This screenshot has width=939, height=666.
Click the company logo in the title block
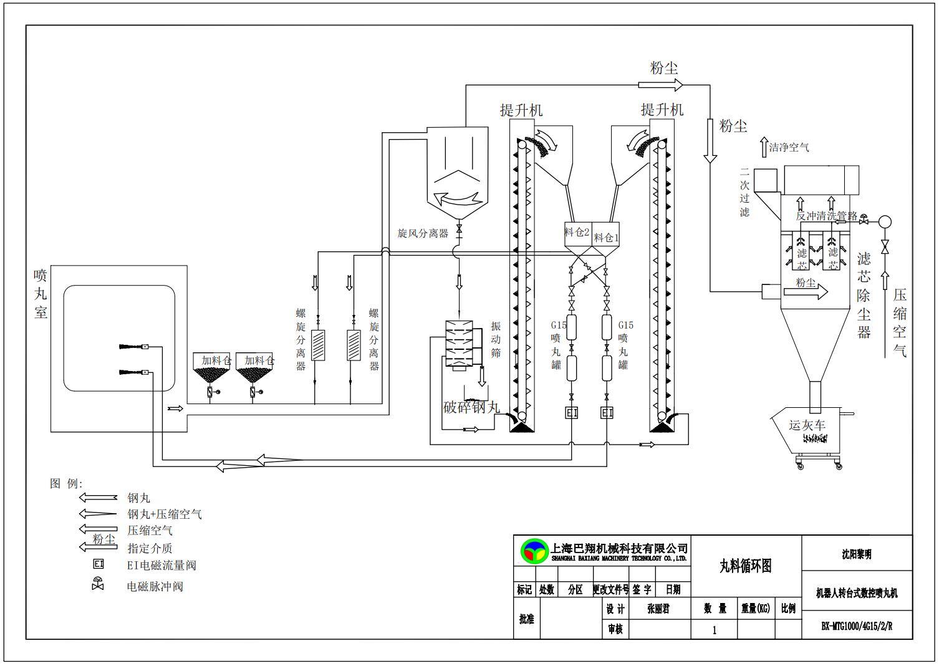(x=534, y=551)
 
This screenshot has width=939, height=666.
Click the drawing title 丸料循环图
(x=746, y=566)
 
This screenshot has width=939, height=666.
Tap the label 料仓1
(x=606, y=238)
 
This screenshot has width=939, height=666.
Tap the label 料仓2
(x=577, y=232)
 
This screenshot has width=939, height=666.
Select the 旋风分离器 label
(x=423, y=233)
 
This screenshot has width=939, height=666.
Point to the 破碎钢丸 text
(x=471, y=407)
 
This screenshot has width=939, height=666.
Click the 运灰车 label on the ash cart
(x=807, y=425)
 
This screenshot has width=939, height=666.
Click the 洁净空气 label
(x=789, y=147)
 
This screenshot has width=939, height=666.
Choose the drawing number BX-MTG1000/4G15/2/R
(x=857, y=626)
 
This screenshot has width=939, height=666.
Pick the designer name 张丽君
(x=658, y=609)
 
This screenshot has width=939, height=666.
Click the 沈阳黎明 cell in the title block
(x=857, y=554)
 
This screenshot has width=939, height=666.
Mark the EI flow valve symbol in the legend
(x=99, y=564)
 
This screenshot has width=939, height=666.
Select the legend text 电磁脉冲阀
(x=155, y=586)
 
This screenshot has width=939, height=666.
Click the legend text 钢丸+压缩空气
(x=165, y=514)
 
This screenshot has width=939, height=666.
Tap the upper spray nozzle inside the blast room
(x=132, y=347)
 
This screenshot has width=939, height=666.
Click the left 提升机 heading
(x=521, y=110)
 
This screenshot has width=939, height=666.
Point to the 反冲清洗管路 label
(x=826, y=216)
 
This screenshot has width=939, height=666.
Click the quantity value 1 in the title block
(x=715, y=630)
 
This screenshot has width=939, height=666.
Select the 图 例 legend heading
(x=66, y=483)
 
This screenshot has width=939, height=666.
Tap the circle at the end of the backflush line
(x=885, y=221)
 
